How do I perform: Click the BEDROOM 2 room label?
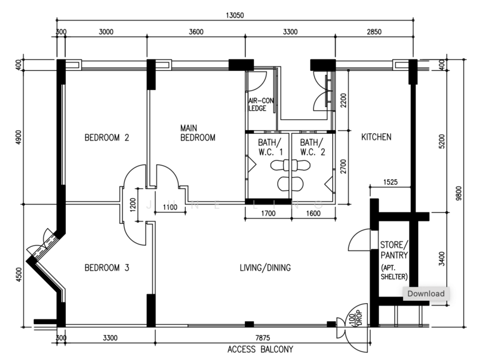tap(106, 137)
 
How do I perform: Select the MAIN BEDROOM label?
tap(198, 133)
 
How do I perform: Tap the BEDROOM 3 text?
tap(106, 267)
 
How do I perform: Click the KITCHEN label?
tap(376, 137)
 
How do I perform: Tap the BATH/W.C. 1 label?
tap(259, 148)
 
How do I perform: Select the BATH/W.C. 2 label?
tap(312, 148)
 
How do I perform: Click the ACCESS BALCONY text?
tap(260, 349)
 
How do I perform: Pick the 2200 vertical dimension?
tap(344, 99)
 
